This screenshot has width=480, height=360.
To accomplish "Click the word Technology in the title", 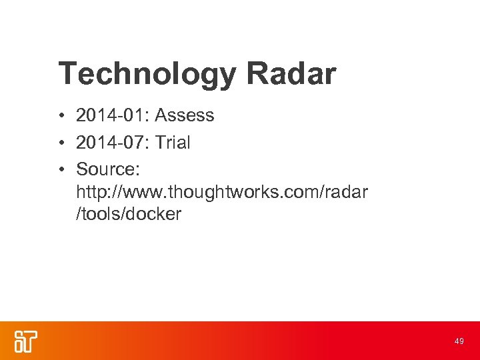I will [146, 74].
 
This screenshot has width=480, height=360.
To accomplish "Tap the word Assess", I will [184, 116].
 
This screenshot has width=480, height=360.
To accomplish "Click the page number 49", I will [459, 341].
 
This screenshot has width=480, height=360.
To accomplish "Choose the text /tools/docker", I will [129, 215].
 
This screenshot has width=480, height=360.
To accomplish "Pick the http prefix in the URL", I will [90, 192].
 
